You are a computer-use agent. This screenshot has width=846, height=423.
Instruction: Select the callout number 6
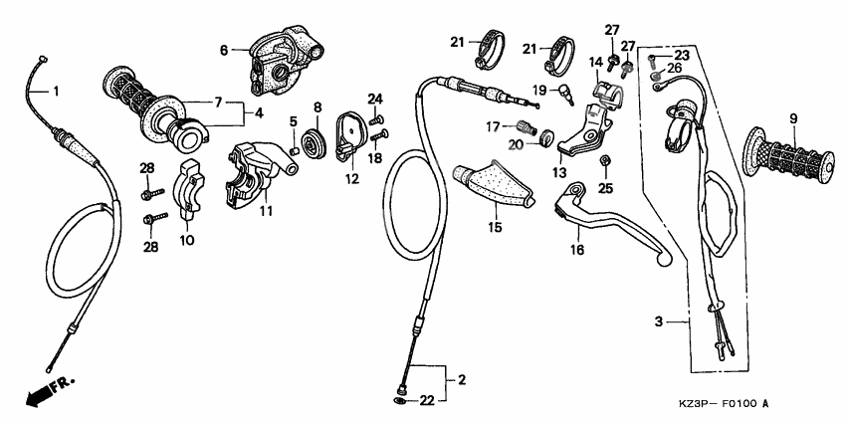[x=224, y=49]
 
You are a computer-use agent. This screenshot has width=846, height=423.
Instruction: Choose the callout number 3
[x=658, y=322]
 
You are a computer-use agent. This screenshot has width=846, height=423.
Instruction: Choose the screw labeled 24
[x=377, y=119]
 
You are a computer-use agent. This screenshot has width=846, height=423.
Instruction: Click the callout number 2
[x=461, y=379]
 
